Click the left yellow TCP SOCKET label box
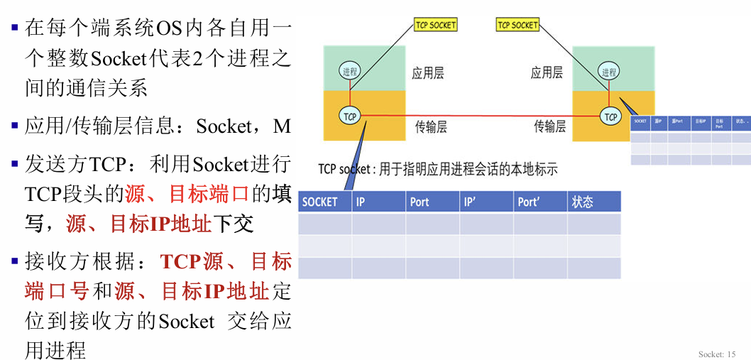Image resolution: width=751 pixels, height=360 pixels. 435,25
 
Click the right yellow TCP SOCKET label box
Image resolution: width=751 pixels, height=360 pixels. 517,25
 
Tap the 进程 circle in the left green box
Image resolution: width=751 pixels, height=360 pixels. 349,71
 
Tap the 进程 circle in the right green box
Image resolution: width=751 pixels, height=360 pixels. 609,72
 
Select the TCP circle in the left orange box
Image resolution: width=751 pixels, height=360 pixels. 349,116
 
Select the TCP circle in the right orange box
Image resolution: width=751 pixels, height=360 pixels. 610,116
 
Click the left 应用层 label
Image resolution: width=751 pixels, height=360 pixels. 427,72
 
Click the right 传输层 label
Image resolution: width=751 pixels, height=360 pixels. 549,126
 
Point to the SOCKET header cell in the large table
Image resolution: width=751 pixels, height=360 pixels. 324,202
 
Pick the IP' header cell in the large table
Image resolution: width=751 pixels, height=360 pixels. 486,202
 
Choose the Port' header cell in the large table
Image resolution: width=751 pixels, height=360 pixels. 540,202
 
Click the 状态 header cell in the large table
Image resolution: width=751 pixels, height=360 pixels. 593,202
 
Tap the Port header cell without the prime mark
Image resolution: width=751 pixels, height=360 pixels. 432,202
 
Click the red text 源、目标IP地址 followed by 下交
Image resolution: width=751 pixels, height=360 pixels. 140,224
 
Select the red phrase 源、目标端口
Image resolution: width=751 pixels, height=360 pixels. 187,194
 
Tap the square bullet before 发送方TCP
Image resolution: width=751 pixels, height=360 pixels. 14,164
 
